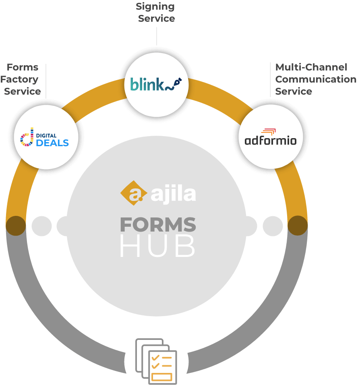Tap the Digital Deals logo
tap(45, 138)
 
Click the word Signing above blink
tap(155, 6)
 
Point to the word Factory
tap(19, 79)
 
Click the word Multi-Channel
tap(311, 67)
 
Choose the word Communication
tap(316, 79)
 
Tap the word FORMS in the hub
tap(158, 225)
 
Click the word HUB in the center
tap(158, 246)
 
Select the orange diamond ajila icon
tap(133, 192)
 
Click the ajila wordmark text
tap(173, 194)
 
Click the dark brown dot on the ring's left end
tap(16, 226)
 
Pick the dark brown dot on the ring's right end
tap(298, 226)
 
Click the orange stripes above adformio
tap(268, 131)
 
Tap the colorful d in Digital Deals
tap(27, 138)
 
